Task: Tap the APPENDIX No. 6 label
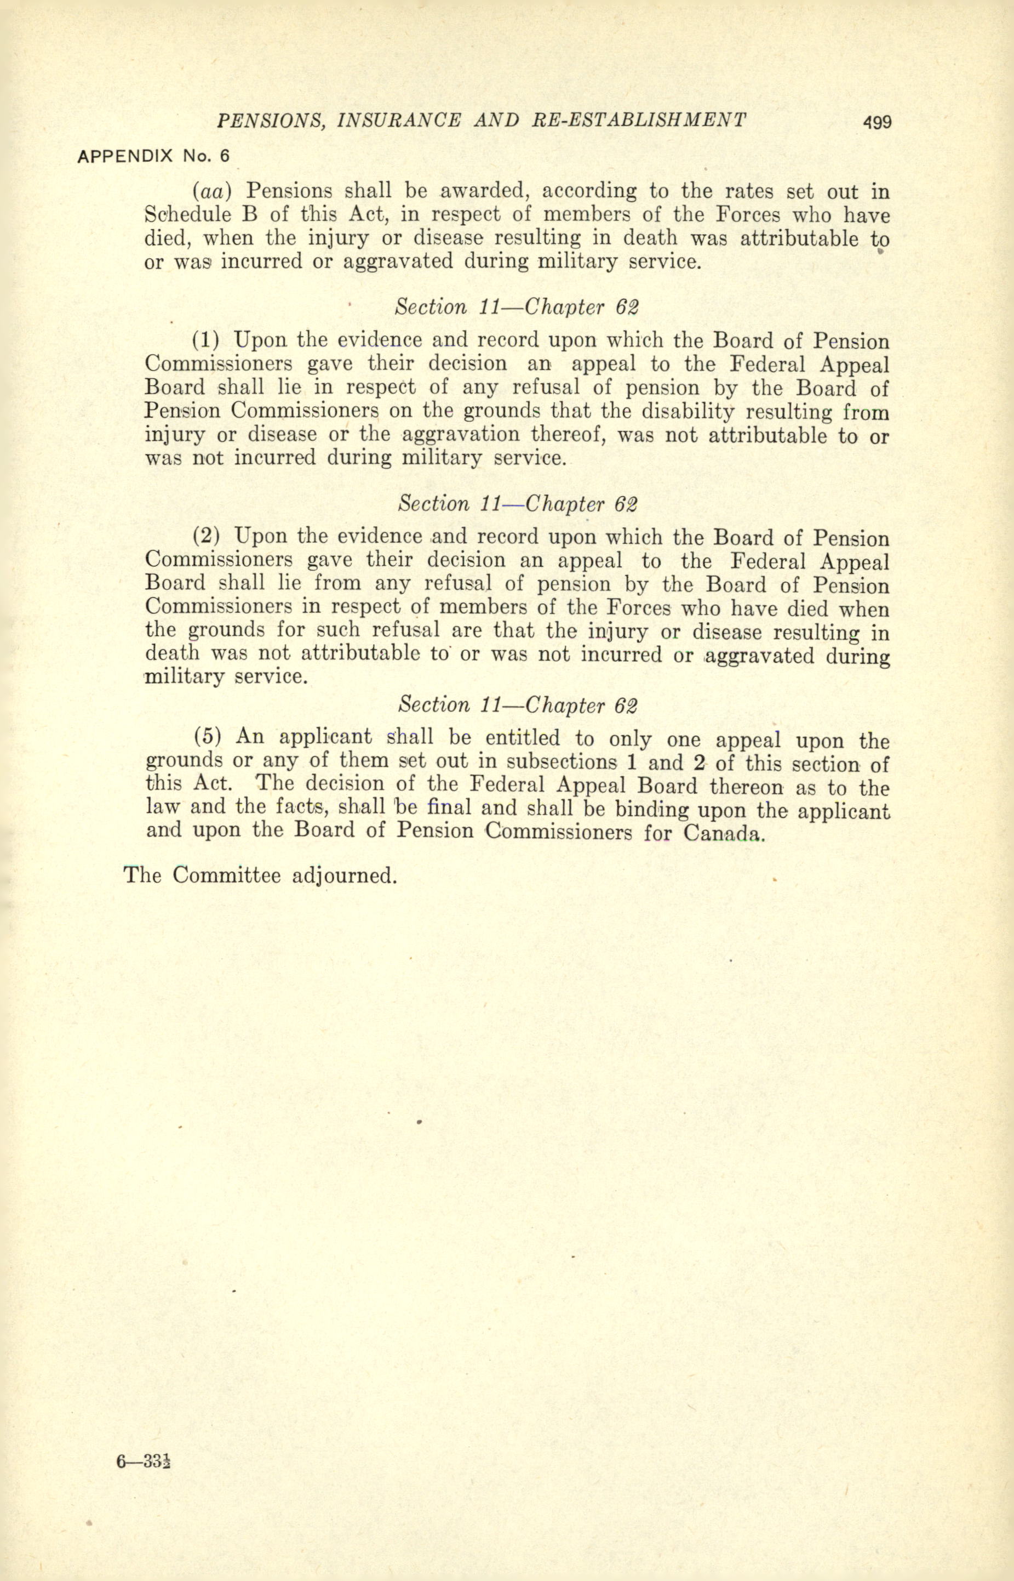pyautogui.click(x=153, y=157)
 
